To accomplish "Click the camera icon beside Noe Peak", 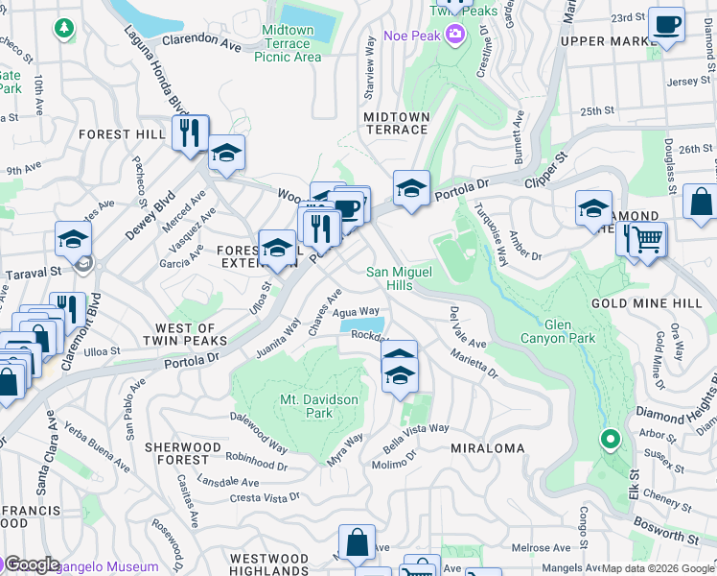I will (454, 36).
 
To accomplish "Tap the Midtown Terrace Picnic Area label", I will (288, 43).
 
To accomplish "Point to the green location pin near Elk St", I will (610, 441).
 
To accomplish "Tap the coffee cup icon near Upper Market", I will (666, 26).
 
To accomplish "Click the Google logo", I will (31, 564).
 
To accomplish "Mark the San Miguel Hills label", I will (400, 278).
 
